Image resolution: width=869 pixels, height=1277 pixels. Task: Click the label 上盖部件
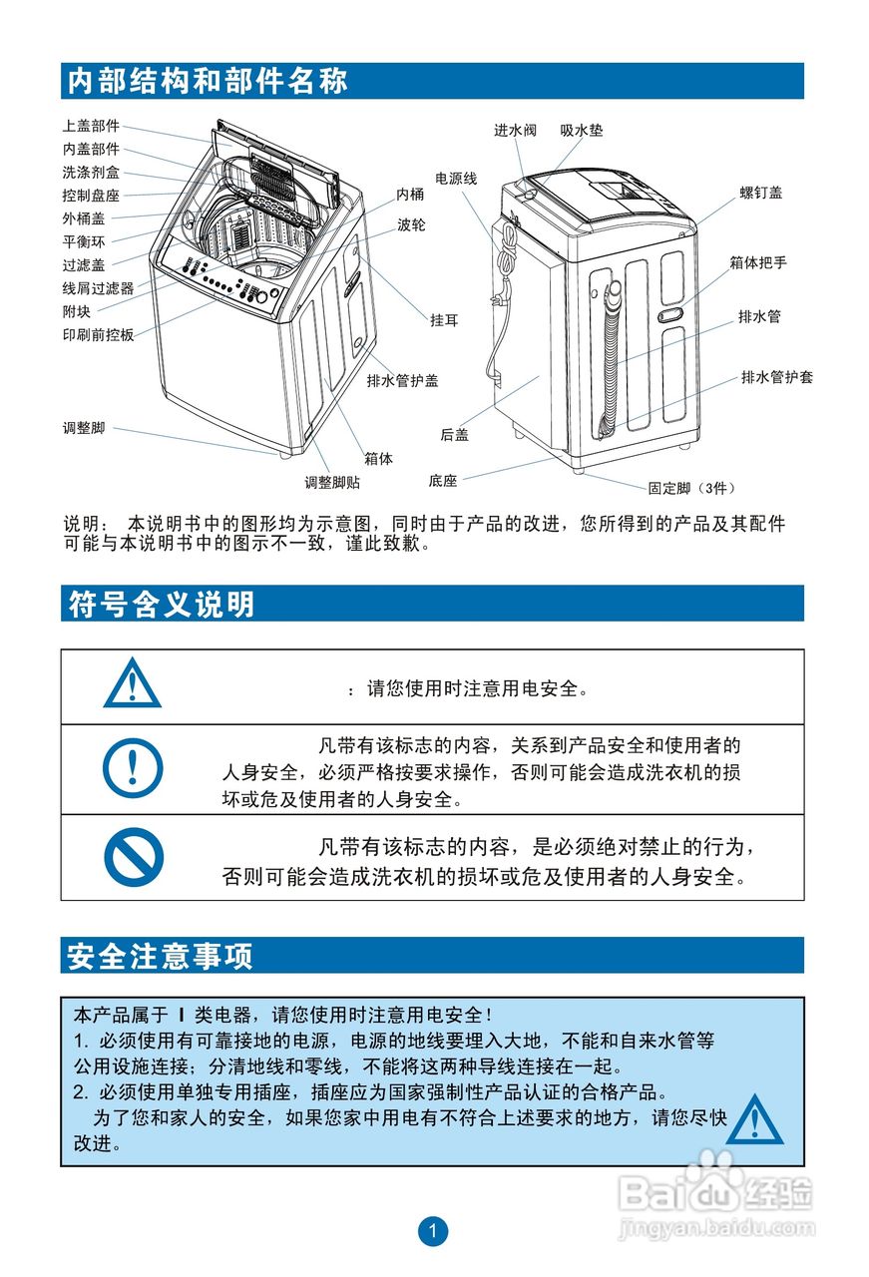(x=91, y=126)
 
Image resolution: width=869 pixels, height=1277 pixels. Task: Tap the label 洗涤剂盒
(x=91, y=173)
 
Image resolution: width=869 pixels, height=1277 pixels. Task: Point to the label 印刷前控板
(x=98, y=335)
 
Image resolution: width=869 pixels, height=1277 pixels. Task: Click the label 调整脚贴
(x=332, y=483)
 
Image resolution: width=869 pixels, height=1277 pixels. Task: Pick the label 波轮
(x=411, y=225)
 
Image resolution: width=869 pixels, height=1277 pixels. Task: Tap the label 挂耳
(x=444, y=320)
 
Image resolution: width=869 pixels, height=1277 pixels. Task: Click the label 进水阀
(x=515, y=131)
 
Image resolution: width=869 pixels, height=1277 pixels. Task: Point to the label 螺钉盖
(x=760, y=193)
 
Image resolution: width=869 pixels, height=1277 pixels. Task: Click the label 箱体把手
(x=757, y=262)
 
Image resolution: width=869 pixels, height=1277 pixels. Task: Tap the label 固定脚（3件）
(x=690, y=488)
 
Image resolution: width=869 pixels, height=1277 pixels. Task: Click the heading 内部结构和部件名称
(x=208, y=81)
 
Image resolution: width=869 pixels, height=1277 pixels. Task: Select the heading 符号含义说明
(x=162, y=604)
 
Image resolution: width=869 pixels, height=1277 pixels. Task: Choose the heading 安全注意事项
(x=161, y=956)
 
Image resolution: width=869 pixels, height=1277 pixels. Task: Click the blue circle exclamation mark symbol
(x=133, y=768)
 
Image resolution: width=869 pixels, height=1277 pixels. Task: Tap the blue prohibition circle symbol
(x=133, y=857)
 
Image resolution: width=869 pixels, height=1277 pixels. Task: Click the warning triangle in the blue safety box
(x=754, y=1118)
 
